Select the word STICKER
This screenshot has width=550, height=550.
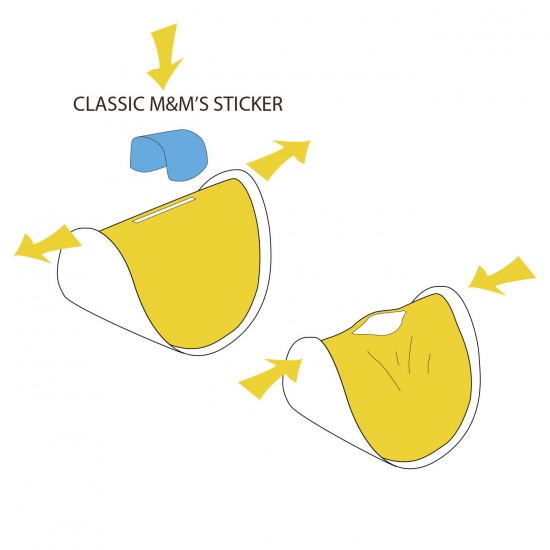(248, 104)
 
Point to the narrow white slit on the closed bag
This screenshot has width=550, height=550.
(164, 210)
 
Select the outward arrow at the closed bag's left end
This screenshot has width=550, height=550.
(47, 244)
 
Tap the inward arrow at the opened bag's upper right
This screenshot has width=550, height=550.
(502, 275)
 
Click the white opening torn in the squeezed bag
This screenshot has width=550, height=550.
(381, 322)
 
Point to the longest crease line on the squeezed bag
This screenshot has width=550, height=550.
(384, 370)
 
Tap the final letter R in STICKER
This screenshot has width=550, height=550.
(277, 104)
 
